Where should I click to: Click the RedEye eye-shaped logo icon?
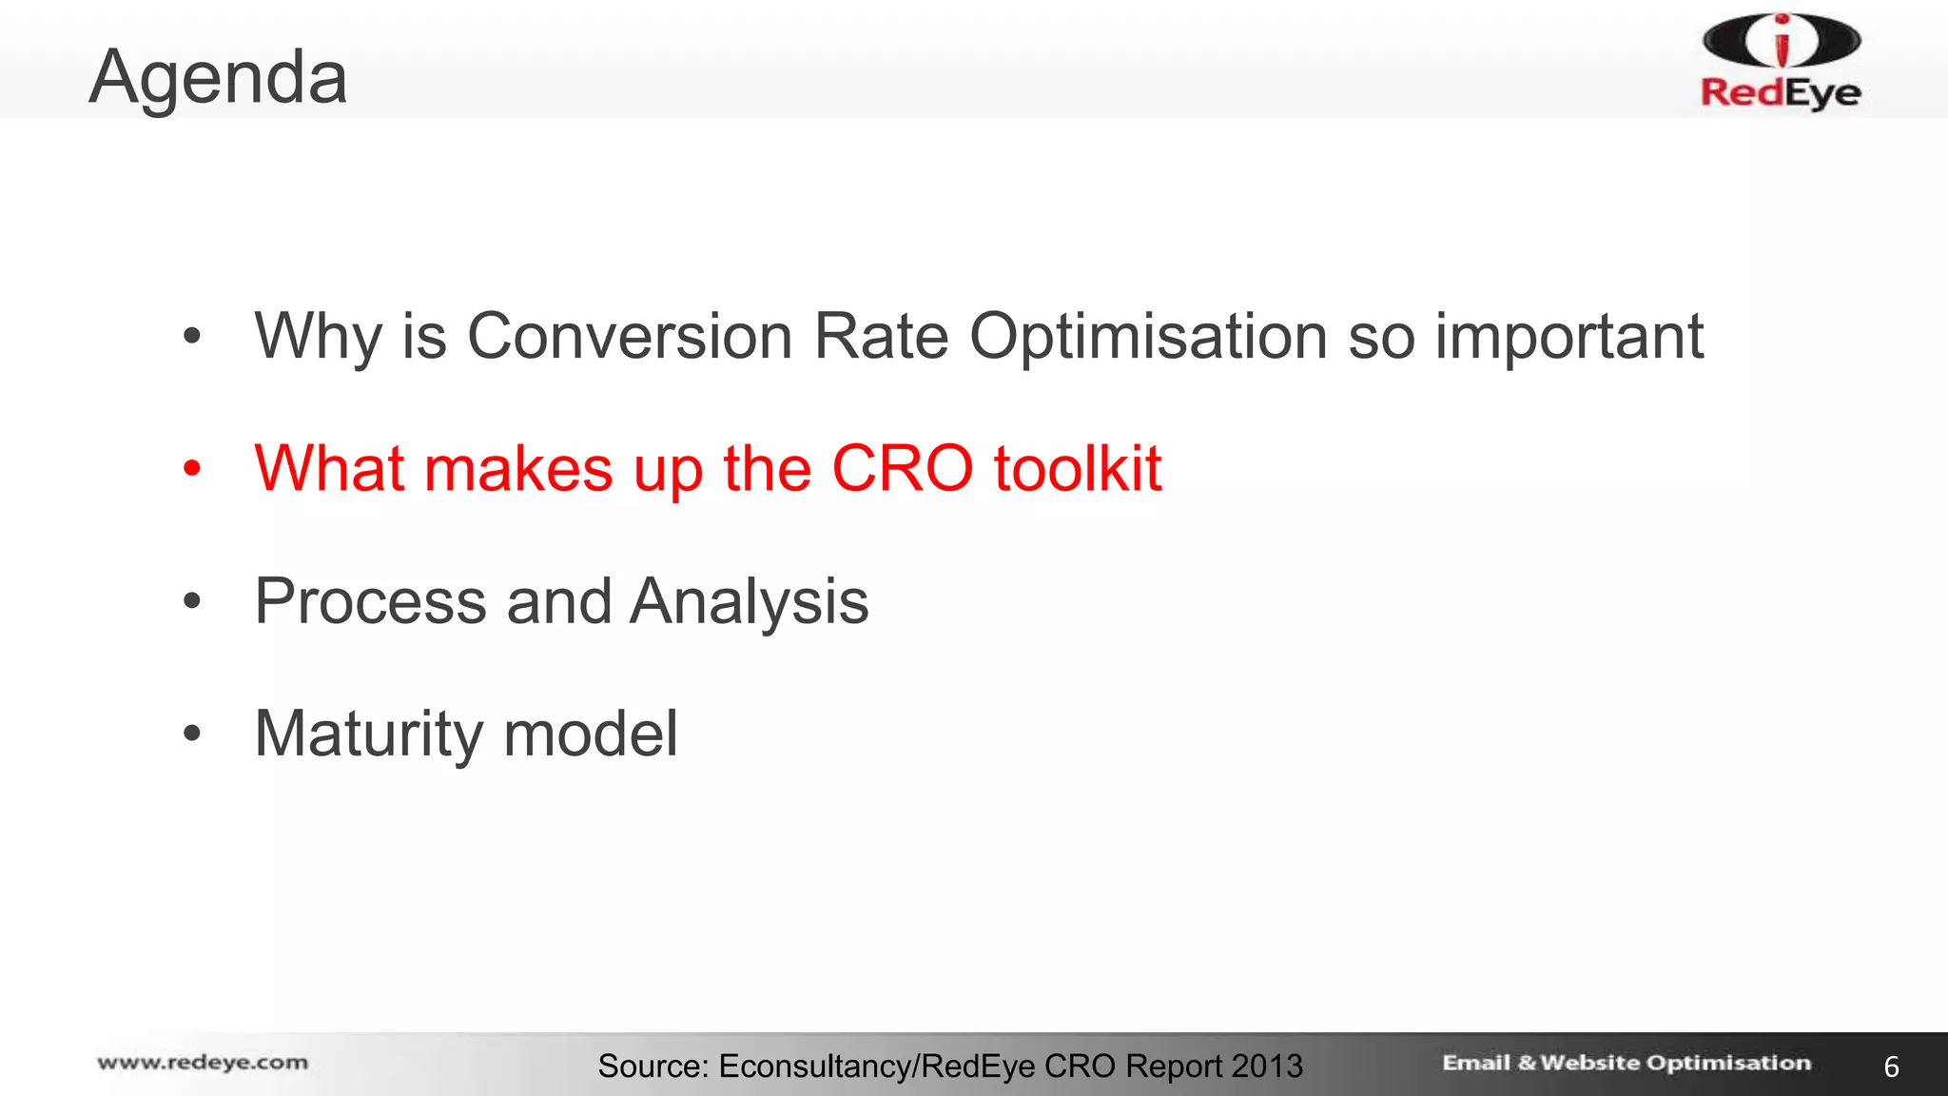(1781, 41)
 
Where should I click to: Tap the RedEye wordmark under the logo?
(1781, 93)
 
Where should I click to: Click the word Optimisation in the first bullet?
(1148, 338)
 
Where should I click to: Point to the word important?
(1568, 338)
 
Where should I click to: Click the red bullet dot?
(192, 468)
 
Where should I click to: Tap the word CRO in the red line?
(902, 468)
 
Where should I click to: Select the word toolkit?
(1077, 468)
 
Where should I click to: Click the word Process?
(370, 601)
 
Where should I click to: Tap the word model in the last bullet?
(590, 734)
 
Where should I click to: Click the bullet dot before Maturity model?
(192, 734)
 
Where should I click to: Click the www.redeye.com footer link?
(203, 1063)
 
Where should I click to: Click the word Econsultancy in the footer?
(814, 1067)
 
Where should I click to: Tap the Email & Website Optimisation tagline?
(1626, 1063)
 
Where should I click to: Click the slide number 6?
(1891, 1067)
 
